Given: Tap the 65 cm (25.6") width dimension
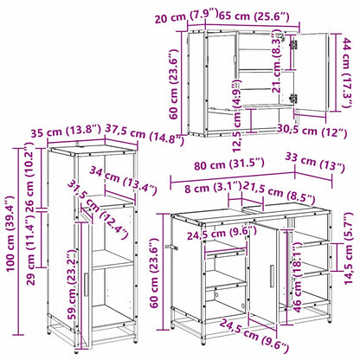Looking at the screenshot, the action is (x=254, y=16).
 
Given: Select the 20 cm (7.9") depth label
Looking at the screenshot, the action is (x=186, y=16).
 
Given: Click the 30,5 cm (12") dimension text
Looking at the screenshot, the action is (x=312, y=131).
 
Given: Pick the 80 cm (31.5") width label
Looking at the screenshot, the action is (x=229, y=164).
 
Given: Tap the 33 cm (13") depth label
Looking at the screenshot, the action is (x=315, y=164).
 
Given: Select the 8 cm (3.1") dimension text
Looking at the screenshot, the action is (x=212, y=188).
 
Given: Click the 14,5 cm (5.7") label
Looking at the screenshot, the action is (x=349, y=248).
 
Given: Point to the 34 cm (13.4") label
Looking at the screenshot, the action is (x=123, y=181).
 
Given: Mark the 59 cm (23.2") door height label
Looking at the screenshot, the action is (x=72, y=285).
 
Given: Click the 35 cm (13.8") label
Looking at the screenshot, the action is (x=66, y=132).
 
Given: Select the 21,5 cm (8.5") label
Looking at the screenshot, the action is (x=279, y=192).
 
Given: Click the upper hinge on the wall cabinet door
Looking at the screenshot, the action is (x=293, y=44).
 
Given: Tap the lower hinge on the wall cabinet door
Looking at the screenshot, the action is (x=293, y=98).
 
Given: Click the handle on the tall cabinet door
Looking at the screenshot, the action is (x=86, y=284).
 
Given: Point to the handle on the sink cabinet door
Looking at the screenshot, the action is (x=272, y=276).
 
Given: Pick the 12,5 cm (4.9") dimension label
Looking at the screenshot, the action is (x=237, y=115).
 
